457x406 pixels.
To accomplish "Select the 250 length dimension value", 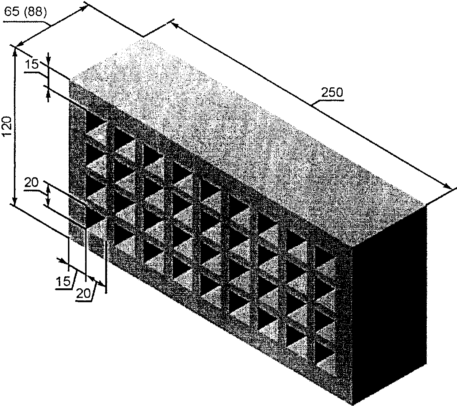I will click(x=332, y=92).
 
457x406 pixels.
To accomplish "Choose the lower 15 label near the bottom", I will click(x=63, y=281).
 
